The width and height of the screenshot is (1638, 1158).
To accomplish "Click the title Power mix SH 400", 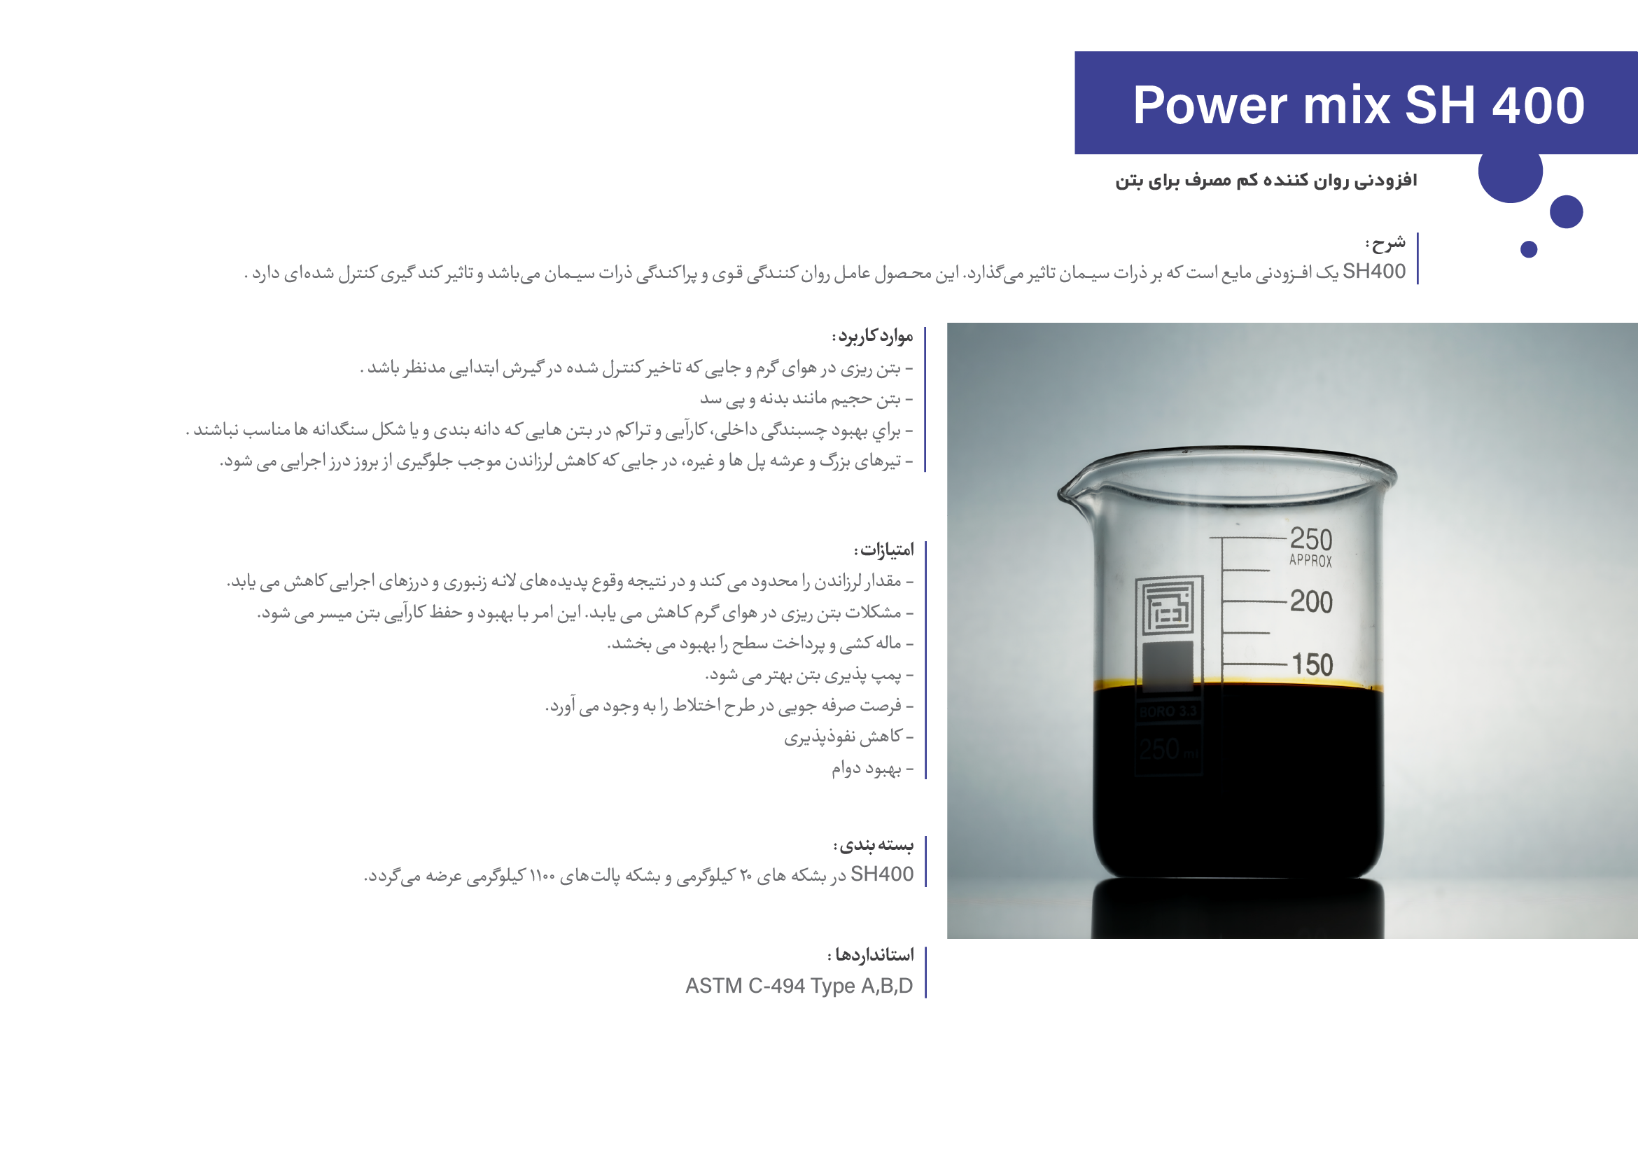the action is pos(1358,106).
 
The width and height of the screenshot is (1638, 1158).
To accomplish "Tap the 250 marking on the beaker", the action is pos(1310,538).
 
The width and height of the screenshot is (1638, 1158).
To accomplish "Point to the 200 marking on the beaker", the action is pos(1310,601).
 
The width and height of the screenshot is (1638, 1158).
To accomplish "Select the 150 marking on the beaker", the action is pos(1312,665).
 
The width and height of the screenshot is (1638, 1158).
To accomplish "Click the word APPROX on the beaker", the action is pos(1310,561).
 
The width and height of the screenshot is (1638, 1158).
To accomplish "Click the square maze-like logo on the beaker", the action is pos(1169,606).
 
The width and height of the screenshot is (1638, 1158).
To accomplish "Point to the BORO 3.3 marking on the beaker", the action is pos(1168,711).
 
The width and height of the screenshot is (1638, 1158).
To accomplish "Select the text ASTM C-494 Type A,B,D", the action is pos(799,985).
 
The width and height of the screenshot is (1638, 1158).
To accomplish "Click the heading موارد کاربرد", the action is pos(872,336).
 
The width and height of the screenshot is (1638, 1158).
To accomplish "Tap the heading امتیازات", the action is pos(884,550).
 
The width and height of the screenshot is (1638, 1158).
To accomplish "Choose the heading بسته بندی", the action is pos(873,846).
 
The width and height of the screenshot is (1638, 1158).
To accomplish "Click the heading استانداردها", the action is pos(870,955).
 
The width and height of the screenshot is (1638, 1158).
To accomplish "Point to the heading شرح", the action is pos(1385,244).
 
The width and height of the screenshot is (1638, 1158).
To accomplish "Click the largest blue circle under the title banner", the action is pos(1511,172).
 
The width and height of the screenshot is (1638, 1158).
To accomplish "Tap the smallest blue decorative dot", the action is pos(1529,249).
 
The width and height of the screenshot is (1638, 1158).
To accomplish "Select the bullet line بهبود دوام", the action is pos(872,769).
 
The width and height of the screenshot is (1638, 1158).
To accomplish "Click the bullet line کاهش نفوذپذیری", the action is pos(849,737).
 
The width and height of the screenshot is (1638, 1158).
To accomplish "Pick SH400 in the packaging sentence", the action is pos(882,874).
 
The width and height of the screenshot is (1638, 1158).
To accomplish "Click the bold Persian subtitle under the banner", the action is pos(1266,181).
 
